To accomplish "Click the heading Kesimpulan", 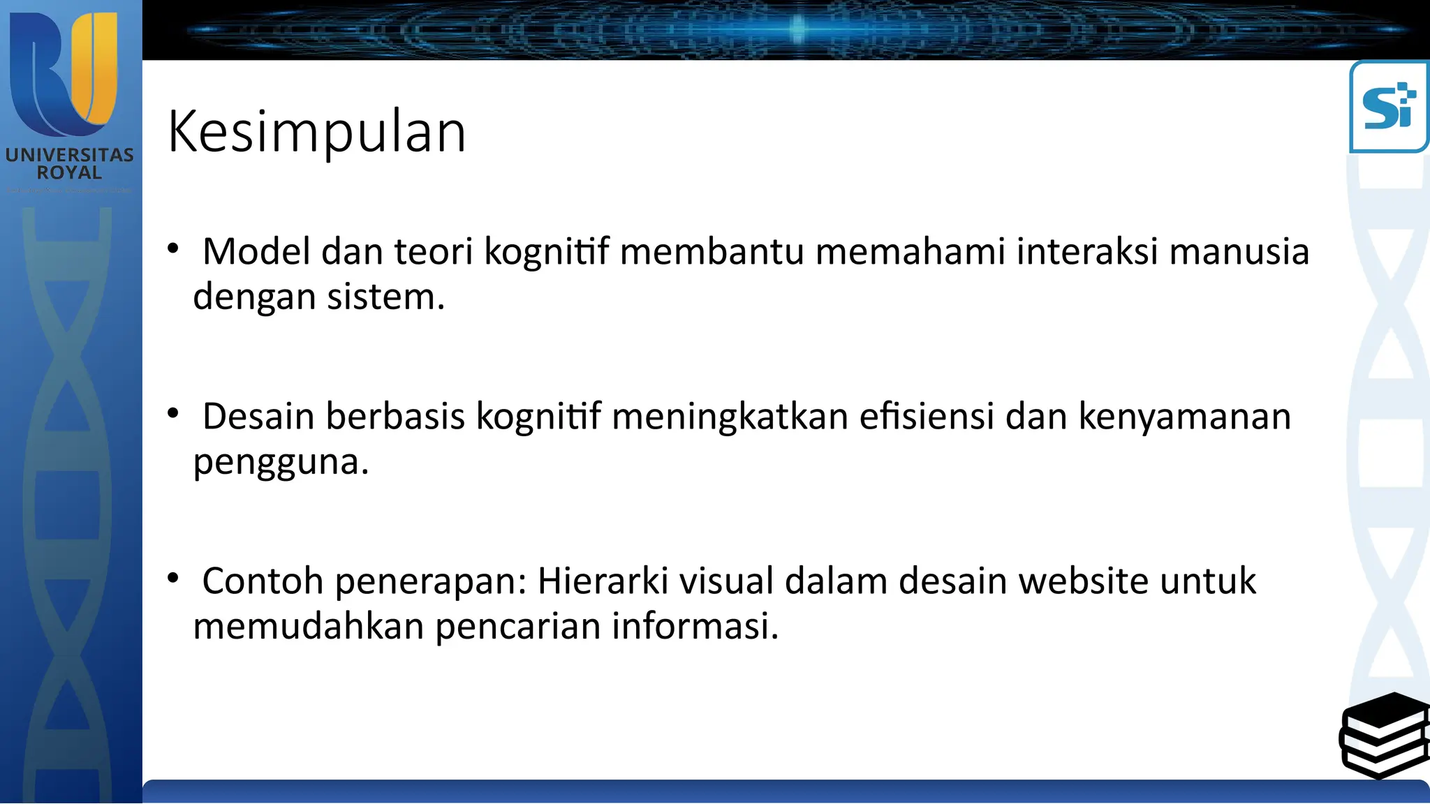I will click(x=316, y=131).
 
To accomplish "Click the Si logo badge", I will click(x=1389, y=107).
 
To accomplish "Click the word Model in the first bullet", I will click(x=256, y=251).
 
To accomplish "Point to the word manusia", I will click(x=1239, y=251).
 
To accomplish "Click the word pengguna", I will click(x=280, y=462).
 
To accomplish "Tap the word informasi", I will click(x=695, y=626).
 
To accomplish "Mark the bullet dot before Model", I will click(x=173, y=248).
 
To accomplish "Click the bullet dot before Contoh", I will click(x=173, y=577).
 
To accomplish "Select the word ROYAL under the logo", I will click(x=69, y=172).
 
